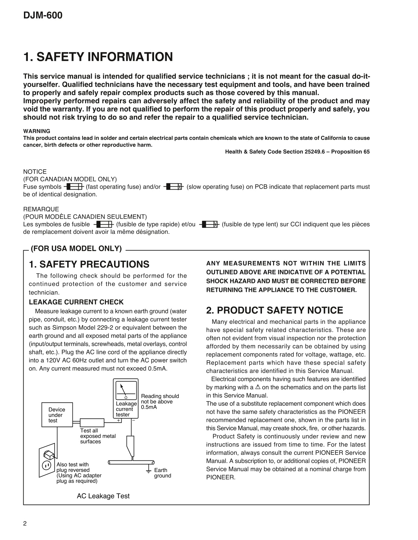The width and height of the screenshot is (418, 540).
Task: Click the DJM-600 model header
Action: click(43, 15)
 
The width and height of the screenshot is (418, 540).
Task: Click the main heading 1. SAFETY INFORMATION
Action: click(98, 57)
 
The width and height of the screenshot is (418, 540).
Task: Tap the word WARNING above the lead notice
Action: click(37, 131)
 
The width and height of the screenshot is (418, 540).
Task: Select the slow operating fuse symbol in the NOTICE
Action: click(173, 187)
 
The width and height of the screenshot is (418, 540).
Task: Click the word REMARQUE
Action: click(41, 209)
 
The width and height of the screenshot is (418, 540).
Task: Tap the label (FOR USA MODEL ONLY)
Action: click(76, 249)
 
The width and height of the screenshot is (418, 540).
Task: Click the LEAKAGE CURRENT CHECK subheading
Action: click(76, 302)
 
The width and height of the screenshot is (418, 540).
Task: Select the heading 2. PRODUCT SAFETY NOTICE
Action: click(274, 310)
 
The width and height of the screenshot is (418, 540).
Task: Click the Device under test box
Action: click(57, 415)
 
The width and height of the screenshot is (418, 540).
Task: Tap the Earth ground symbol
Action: click(148, 472)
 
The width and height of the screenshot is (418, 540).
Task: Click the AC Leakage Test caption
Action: click(103, 496)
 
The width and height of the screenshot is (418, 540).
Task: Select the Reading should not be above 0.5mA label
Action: click(160, 401)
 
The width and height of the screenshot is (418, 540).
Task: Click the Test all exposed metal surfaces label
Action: click(98, 436)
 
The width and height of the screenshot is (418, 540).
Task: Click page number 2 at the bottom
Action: click(25, 523)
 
